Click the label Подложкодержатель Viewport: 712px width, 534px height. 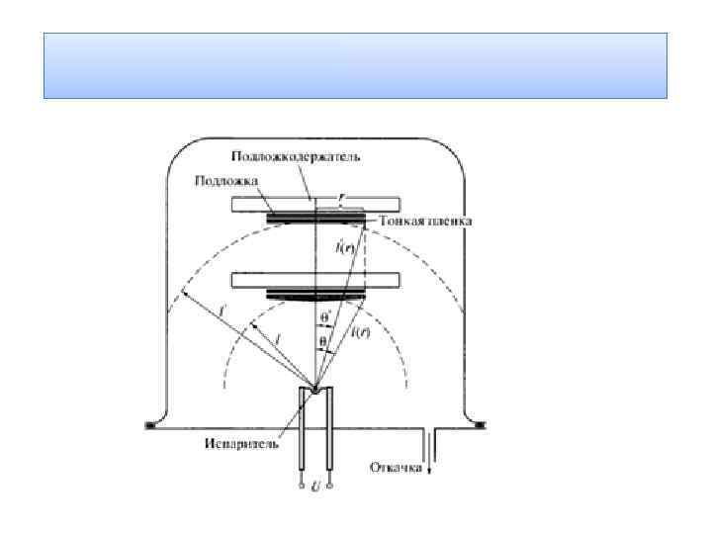[296, 157]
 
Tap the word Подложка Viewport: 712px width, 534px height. [227, 182]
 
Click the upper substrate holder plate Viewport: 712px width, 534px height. [314, 204]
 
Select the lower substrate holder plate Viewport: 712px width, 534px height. [314, 280]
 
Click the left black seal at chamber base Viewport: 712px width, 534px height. [151, 425]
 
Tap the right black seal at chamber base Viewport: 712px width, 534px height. [480, 425]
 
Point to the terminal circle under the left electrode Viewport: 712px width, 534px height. [303, 486]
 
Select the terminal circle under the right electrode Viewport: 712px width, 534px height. [330, 486]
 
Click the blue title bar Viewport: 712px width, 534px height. [355, 65]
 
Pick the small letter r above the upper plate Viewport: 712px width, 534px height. [341, 197]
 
